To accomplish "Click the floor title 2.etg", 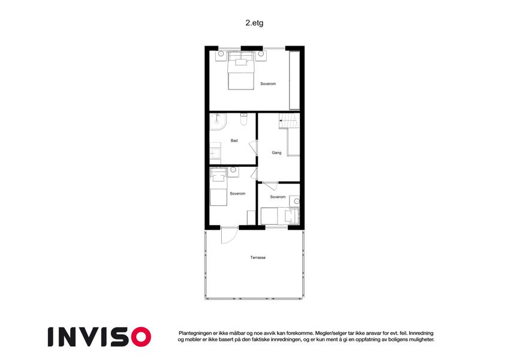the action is click(x=254, y=23).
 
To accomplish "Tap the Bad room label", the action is click(x=234, y=140).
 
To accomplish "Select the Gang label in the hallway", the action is click(x=276, y=153).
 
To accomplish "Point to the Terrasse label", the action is click(x=258, y=257).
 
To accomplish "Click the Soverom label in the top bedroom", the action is click(x=268, y=84).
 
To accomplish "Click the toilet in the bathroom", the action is click(x=243, y=119).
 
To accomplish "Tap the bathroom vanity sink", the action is click(x=215, y=153).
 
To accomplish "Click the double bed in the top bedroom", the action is click(x=240, y=71).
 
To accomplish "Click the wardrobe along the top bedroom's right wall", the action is click(x=294, y=80).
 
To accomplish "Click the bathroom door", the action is click(x=253, y=148).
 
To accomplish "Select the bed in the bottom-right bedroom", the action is click(x=279, y=216).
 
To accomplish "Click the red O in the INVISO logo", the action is click(x=141, y=337).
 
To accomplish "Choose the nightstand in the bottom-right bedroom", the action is click(x=294, y=201).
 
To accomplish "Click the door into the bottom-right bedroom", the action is click(x=270, y=185).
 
